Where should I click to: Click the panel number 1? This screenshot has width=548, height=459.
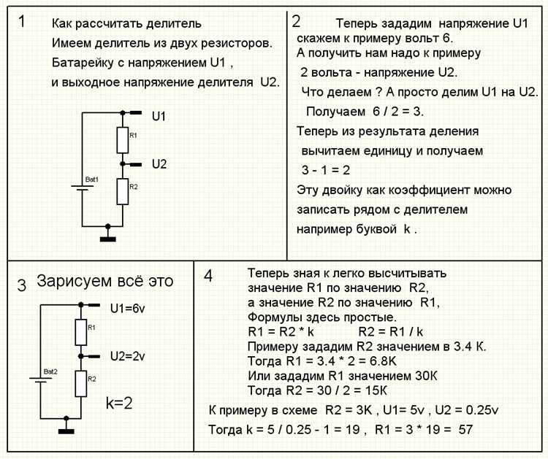(22, 21)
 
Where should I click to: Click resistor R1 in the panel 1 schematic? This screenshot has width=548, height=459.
(122, 137)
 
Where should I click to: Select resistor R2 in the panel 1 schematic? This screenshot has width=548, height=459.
(122, 190)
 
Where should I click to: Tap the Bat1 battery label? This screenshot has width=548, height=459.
(91, 179)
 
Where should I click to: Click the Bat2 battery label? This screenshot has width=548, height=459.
(50, 371)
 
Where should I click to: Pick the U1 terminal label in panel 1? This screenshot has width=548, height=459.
(159, 116)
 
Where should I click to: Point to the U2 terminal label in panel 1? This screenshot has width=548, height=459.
(159, 164)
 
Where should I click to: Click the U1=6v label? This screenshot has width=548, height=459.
(129, 308)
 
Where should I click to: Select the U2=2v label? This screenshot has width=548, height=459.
(129, 357)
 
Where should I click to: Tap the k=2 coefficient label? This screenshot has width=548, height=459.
(119, 402)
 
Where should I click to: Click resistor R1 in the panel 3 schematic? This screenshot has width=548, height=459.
(80, 332)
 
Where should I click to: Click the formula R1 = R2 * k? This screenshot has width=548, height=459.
(281, 331)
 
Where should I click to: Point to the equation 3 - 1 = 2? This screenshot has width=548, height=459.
(327, 170)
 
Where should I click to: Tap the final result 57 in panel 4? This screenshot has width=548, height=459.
(465, 429)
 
